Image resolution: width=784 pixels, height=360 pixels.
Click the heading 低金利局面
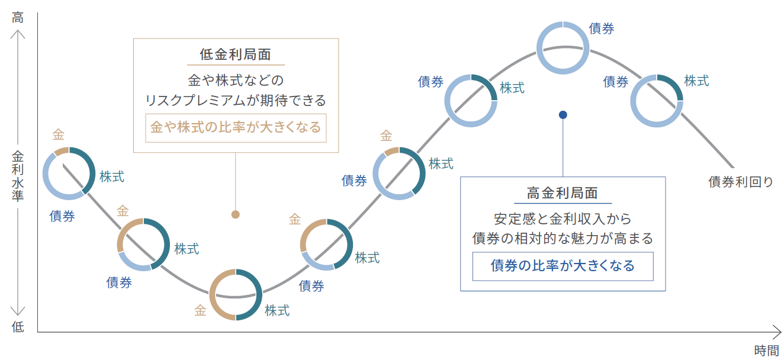(x=236, y=54)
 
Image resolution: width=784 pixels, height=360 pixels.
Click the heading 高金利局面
(x=563, y=193)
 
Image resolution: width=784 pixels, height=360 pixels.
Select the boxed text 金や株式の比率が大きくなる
(x=236, y=127)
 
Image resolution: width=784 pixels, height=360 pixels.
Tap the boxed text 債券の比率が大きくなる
(x=563, y=266)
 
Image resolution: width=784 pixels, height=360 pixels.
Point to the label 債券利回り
(x=741, y=182)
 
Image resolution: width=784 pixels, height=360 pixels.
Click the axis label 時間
(x=766, y=351)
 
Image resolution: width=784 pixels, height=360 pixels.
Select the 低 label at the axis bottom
(x=18, y=327)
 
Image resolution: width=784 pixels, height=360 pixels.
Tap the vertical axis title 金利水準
(x=18, y=176)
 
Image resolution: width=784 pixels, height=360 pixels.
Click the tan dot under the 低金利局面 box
(x=236, y=214)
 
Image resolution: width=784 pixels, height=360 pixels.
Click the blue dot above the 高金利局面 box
(x=563, y=115)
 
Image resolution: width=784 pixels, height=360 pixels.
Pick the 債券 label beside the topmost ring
(x=601, y=28)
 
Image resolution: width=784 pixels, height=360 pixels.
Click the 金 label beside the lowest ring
(x=200, y=310)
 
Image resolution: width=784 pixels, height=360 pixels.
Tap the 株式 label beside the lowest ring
(x=277, y=310)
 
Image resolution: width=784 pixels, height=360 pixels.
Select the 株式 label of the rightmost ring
(x=696, y=81)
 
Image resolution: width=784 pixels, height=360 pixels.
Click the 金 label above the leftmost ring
(x=59, y=134)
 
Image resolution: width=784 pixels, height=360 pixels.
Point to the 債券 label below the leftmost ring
(x=62, y=216)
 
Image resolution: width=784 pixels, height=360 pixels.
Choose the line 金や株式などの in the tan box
(x=236, y=81)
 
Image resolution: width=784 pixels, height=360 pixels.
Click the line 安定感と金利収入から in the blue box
(x=563, y=219)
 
